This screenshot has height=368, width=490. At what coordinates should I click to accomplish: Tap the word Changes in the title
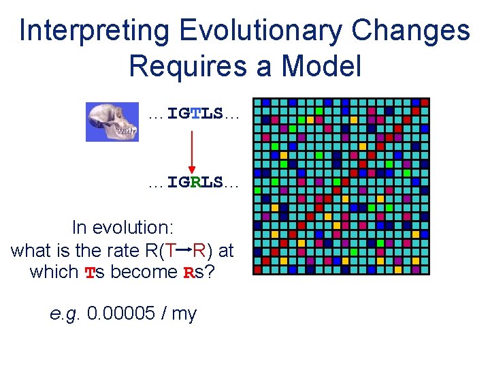[x=414, y=31]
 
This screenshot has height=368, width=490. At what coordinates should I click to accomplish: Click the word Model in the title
[x=321, y=66]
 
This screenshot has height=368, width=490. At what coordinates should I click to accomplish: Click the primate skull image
[x=112, y=122]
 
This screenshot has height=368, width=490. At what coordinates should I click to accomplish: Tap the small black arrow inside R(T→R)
[x=184, y=250]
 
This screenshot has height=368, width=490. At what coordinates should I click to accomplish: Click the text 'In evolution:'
[x=124, y=228]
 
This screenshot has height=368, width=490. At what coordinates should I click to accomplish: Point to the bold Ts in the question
[x=94, y=272]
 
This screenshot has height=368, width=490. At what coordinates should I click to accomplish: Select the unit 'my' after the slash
[x=184, y=314]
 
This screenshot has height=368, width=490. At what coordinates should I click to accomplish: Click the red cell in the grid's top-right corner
[x=425, y=102]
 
